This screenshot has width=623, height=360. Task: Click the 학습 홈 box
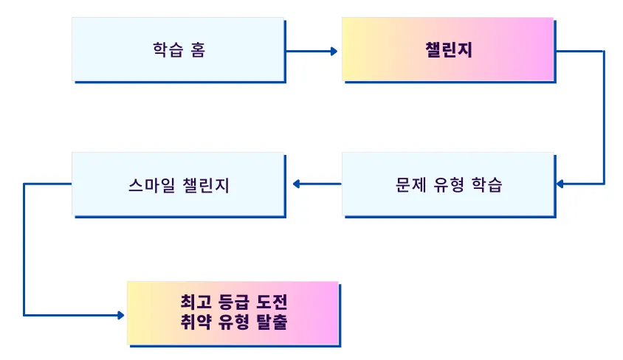[178, 49]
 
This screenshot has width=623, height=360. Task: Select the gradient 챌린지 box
[447, 49]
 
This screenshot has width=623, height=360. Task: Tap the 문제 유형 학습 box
[448, 184]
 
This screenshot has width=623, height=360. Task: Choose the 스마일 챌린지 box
[178, 184]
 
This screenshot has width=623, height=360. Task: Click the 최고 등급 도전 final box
[233, 313]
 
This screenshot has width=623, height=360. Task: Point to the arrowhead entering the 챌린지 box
[334, 52]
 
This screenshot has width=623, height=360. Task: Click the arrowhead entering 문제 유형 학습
[560, 184]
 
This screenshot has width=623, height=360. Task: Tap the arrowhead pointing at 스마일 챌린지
[297, 184]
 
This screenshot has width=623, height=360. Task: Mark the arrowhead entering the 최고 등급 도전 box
[120, 315]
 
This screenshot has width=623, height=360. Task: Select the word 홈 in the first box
[197, 50]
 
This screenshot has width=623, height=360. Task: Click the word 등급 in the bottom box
[233, 302]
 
